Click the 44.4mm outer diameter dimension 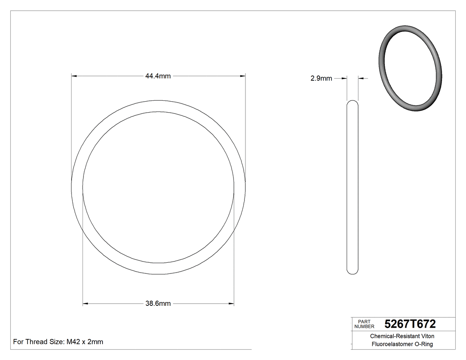point(158,76)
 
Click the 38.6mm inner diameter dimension point(158,304)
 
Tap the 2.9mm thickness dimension point(321,79)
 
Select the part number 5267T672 point(410,324)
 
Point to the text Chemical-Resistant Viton point(402,336)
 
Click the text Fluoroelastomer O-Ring point(402,344)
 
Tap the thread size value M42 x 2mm point(85,342)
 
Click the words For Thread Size point(39,342)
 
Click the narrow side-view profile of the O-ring point(352,186)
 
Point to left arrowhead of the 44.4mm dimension point(74,76)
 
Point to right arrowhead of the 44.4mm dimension point(243,76)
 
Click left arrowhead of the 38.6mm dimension point(86,304)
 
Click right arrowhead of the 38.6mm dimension point(232,304)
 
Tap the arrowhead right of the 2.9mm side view point(360,79)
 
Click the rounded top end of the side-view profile point(352,103)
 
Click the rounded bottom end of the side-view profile point(352,271)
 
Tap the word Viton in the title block point(427,336)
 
